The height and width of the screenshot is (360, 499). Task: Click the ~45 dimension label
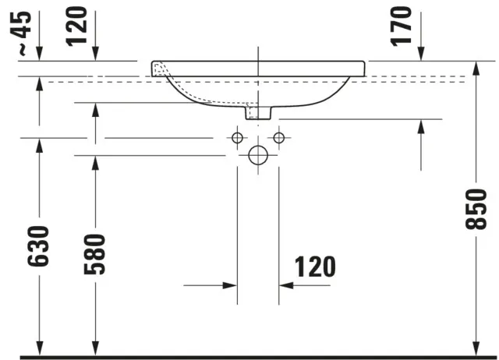(x=24, y=33)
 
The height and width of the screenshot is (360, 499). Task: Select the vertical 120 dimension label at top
(x=76, y=26)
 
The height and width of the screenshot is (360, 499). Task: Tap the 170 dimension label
(x=401, y=26)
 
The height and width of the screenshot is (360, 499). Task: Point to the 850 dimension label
(x=476, y=209)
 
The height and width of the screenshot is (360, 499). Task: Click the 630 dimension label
(x=38, y=246)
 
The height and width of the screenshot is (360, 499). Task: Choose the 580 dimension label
(x=94, y=254)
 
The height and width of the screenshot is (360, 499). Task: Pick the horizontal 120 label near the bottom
(x=315, y=266)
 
